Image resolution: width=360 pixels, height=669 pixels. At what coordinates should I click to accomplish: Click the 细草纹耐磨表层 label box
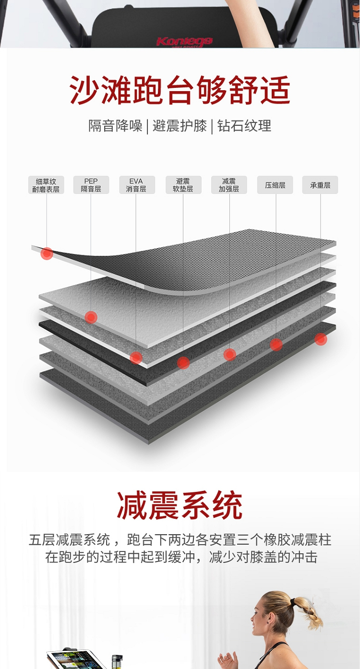click(46, 185)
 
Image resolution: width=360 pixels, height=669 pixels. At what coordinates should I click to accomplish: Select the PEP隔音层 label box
click(91, 185)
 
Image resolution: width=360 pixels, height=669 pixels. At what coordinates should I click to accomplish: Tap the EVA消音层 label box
click(137, 185)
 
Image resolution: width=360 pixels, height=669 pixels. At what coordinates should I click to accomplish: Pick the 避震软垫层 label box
click(183, 185)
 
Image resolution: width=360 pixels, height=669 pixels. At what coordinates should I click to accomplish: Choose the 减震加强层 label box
click(229, 185)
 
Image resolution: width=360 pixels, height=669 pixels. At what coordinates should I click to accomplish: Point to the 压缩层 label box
click(275, 185)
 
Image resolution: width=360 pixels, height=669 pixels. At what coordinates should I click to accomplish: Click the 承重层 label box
click(320, 185)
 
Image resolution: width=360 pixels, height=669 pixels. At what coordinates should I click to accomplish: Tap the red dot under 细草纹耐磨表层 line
click(47, 253)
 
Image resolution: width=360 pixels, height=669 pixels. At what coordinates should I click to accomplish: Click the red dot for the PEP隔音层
click(91, 317)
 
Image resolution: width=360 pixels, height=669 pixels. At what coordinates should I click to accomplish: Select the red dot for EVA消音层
click(136, 358)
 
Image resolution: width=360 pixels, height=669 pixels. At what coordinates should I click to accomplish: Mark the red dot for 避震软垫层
click(183, 363)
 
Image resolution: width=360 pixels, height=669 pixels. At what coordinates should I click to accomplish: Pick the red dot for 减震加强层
click(230, 355)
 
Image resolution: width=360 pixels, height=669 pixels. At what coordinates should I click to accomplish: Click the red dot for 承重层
click(321, 339)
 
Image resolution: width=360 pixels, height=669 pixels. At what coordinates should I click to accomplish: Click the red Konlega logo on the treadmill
click(184, 41)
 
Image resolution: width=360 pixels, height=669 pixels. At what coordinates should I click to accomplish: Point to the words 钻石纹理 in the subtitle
click(244, 126)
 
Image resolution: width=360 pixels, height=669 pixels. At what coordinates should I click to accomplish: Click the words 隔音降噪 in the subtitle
click(115, 126)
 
